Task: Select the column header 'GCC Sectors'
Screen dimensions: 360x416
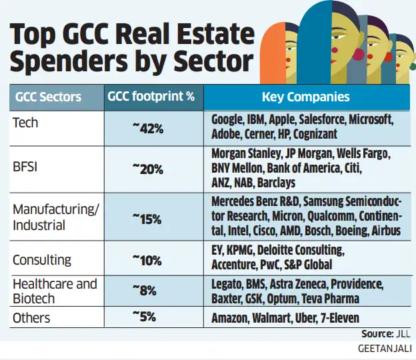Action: (48, 97)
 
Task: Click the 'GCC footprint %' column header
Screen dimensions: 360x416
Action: (151, 97)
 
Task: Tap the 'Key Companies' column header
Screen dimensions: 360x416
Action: (305, 97)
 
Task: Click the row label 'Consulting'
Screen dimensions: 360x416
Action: (42, 259)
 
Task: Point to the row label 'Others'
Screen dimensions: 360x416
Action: (31, 318)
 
